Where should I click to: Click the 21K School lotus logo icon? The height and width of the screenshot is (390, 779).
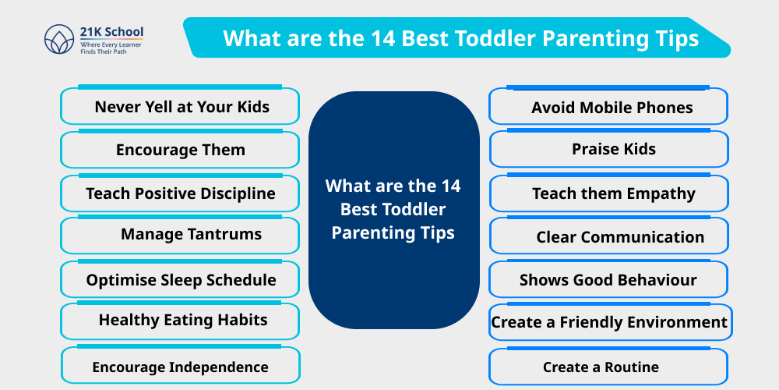coord(60,40)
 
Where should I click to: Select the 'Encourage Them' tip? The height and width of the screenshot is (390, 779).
coord(180,150)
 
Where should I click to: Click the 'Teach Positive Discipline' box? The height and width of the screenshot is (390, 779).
coord(180,193)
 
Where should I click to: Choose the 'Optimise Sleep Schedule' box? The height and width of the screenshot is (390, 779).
coord(180,279)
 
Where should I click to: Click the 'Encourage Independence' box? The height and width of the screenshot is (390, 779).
coord(180,367)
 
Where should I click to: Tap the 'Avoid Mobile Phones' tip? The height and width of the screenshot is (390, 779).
coord(611,107)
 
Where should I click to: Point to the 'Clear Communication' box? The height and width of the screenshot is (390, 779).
coord(619,237)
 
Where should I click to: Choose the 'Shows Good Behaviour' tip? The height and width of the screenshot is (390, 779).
coord(608,279)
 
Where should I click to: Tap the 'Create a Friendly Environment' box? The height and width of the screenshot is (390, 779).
coord(609,322)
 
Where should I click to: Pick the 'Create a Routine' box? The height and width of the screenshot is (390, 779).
coord(611,367)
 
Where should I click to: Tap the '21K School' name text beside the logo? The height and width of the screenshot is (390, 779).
coord(111,32)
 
